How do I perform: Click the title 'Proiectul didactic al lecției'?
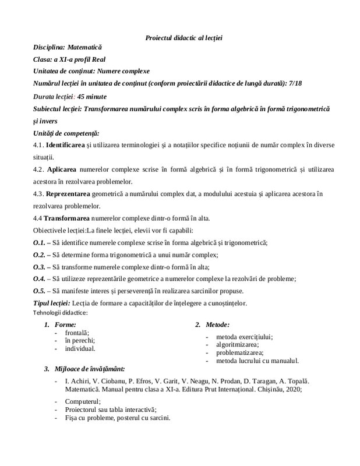pyautogui.click(x=184, y=38)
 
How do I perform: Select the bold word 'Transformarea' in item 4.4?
pyautogui.click(x=69, y=218)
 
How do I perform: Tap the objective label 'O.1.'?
pyautogui.click(x=39, y=243)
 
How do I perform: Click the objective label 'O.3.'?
pyautogui.click(x=39, y=267)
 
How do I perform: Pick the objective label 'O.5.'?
pyautogui.click(x=39, y=291)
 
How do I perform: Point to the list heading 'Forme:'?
pyautogui.click(x=64, y=324)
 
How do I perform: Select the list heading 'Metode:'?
pyautogui.click(x=218, y=324)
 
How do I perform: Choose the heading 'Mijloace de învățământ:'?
pyautogui.click(x=89, y=369)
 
